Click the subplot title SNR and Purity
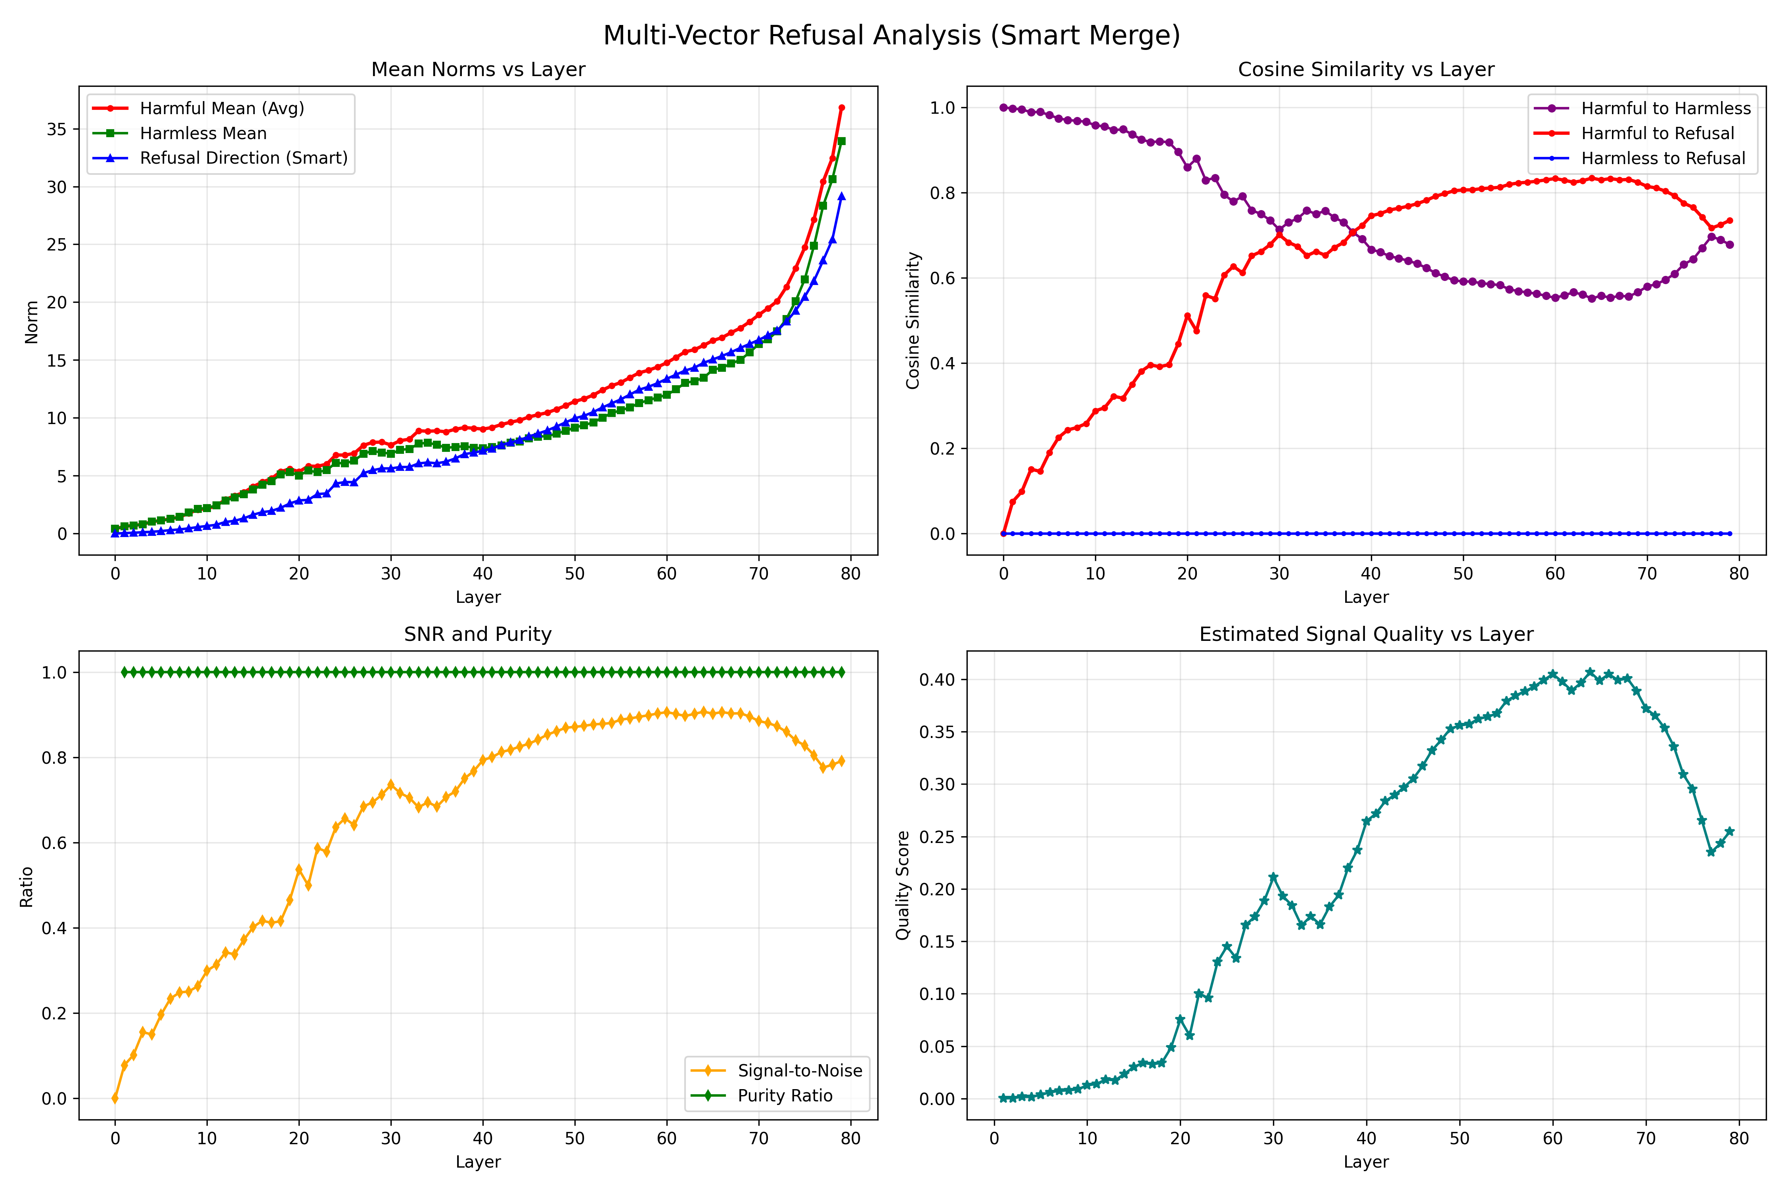[x=478, y=634]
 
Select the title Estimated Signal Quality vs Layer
[x=1366, y=634]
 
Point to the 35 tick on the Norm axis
[x=57, y=129]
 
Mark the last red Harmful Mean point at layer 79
[x=841, y=108]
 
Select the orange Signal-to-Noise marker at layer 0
[x=115, y=1098]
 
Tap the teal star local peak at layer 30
[x=1273, y=877]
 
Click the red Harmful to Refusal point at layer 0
[x=1003, y=534]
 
